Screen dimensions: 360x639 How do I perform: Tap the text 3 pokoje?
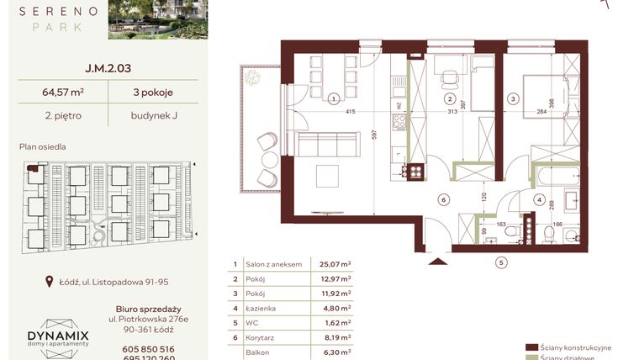point(152,93)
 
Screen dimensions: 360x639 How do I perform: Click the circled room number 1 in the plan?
point(334,98)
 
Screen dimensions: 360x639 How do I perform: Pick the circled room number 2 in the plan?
point(450,98)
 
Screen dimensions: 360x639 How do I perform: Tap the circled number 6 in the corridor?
point(442,199)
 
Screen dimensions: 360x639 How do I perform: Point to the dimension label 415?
point(351,113)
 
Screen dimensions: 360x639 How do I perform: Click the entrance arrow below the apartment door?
point(436,262)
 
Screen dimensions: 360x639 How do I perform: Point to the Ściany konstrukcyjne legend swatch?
point(531,347)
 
